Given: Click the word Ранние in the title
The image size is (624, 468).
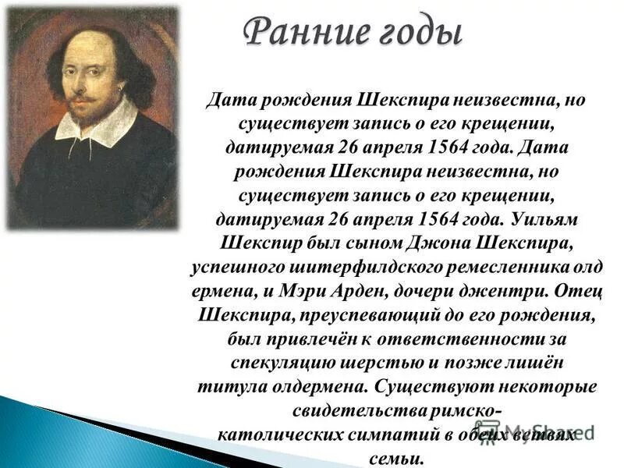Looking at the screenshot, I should coord(300,33).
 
